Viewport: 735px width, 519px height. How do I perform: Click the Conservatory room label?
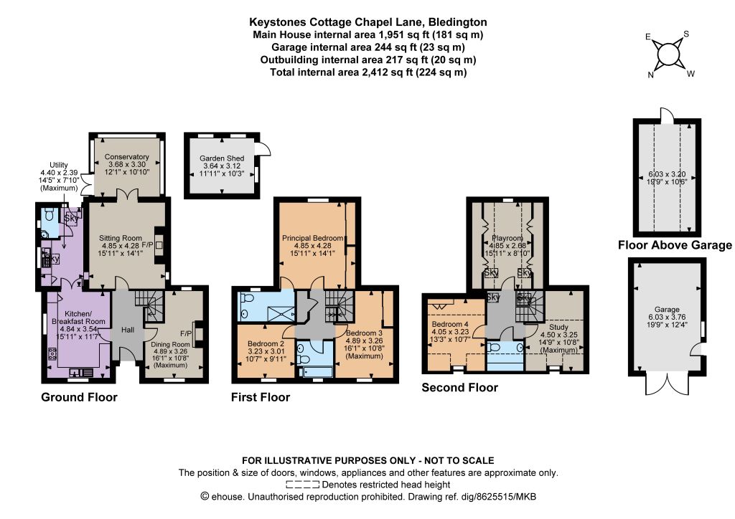[x=126, y=157]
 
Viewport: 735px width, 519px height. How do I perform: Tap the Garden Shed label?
[x=222, y=158]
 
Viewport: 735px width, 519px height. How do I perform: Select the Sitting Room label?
[x=120, y=238]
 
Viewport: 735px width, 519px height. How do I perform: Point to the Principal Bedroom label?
[x=313, y=238]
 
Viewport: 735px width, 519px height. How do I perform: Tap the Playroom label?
[x=507, y=238]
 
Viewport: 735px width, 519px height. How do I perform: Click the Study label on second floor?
[x=558, y=327]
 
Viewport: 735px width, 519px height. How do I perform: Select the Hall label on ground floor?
[x=128, y=330]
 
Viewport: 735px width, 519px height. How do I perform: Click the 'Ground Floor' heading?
[x=79, y=397]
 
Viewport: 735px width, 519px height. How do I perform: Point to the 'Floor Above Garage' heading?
[x=675, y=244]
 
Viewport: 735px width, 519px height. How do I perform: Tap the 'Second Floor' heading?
[x=459, y=387]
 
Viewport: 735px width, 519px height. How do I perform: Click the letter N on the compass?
[x=650, y=75]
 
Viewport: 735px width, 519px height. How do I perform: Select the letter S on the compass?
[x=686, y=34]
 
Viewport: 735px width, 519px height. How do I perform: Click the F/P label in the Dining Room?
[x=186, y=333]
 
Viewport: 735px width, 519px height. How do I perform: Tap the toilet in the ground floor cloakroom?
[x=50, y=215]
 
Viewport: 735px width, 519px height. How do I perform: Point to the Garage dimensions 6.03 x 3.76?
[x=667, y=317]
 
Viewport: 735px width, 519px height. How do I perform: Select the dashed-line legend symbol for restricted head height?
[x=302, y=485]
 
